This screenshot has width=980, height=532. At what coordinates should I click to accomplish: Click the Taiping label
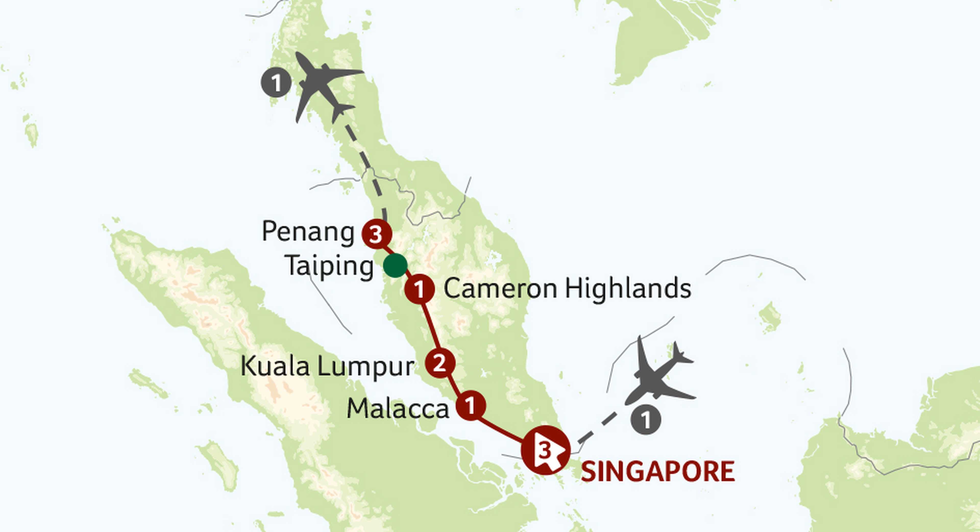pos(329,266)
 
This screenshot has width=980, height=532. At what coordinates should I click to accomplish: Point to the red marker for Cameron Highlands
pos(419,289)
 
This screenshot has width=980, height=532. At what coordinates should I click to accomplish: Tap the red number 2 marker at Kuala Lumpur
pos(440,363)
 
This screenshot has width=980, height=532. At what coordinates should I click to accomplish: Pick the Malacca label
pos(398,409)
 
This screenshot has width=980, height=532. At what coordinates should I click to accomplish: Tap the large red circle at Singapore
pos(546,450)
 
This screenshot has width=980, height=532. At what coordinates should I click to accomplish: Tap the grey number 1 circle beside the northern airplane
pos(276,82)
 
